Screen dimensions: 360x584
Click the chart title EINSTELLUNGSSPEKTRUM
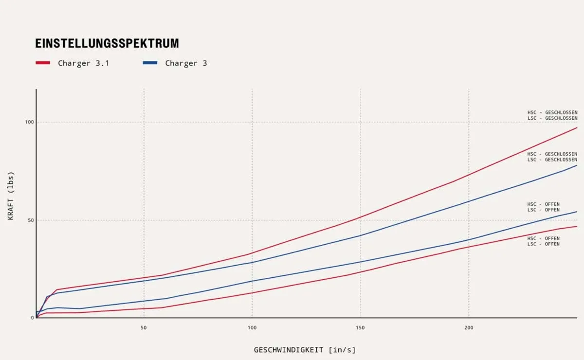(x=107, y=43)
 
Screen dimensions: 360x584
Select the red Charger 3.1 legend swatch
(x=43, y=63)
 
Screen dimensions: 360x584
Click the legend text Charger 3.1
(x=83, y=63)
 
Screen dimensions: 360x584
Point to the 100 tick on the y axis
(x=29, y=122)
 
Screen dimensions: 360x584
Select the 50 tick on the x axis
(x=144, y=328)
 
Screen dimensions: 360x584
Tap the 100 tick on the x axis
(x=252, y=328)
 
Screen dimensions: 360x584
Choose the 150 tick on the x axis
(x=360, y=328)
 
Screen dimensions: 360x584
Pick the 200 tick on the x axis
(x=469, y=328)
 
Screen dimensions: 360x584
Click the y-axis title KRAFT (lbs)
(x=11, y=196)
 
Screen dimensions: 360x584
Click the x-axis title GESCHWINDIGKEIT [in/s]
(x=305, y=350)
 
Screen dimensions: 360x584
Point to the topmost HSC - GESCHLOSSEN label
(x=552, y=113)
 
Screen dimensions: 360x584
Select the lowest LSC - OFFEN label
(x=543, y=244)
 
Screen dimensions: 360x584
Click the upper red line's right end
(x=577, y=127)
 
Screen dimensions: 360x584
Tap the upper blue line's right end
(x=577, y=165)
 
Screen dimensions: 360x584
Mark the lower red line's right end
(x=577, y=226)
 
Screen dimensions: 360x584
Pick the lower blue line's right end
(x=577, y=212)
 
